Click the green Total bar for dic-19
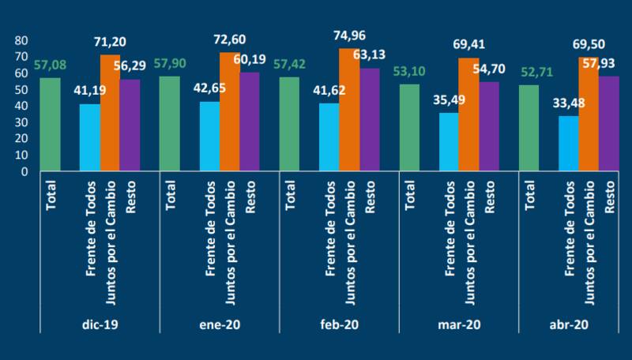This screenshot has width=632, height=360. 50,124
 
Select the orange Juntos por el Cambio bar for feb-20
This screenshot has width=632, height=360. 348,110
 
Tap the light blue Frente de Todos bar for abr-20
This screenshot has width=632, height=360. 568,144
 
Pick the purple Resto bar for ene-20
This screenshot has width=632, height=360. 249,122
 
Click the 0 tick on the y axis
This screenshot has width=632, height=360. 25,171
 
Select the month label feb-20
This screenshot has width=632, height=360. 339,324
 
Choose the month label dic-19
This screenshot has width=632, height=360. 99,324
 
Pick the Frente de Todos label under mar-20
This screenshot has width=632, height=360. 450,230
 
